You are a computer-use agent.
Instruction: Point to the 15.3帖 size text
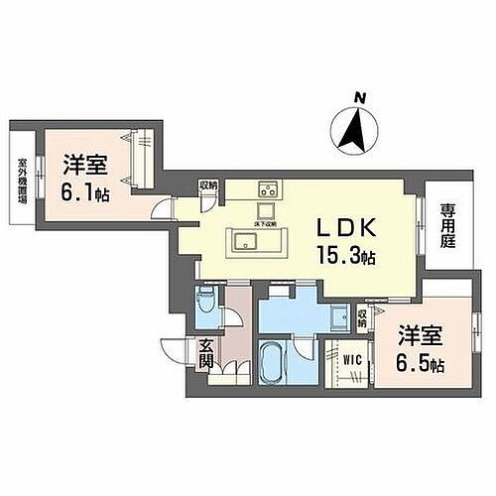(341, 255)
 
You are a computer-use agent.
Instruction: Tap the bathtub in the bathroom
(274, 364)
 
